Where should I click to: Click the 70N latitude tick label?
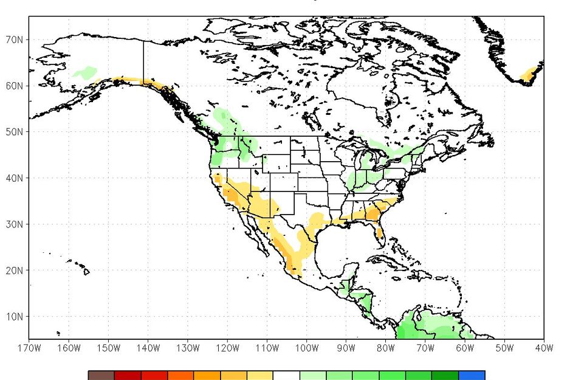tap(15, 40)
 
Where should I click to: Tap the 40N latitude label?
tap(15, 178)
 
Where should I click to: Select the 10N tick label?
tap(15, 317)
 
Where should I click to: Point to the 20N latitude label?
tap(15, 271)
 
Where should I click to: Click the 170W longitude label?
tap(29, 348)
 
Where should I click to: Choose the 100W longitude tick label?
tap(306, 348)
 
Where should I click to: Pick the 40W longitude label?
tap(544, 348)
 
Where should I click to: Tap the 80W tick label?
tap(385, 348)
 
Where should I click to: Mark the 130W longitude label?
tap(187, 348)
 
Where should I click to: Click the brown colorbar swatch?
tap(101, 375)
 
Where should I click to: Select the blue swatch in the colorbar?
tap(472, 375)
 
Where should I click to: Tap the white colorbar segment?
tap(286, 375)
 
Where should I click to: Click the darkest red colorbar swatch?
tap(128, 375)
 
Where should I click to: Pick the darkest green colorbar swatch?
tap(445, 375)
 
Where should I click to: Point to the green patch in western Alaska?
tap(84, 73)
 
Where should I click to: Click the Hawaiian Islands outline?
tap(84, 271)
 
